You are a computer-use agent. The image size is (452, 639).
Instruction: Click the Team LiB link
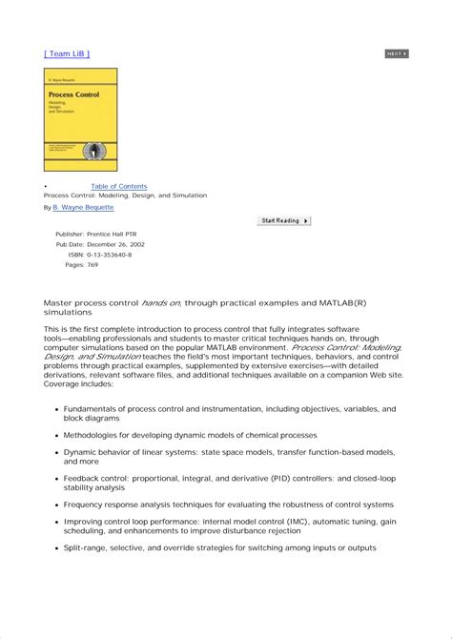(x=67, y=53)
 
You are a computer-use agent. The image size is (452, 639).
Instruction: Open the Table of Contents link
(x=119, y=186)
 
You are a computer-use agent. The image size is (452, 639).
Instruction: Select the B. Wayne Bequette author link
(x=83, y=207)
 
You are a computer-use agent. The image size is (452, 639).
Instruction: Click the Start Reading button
(x=284, y=221)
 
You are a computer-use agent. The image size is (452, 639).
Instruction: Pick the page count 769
(x=92, y=265)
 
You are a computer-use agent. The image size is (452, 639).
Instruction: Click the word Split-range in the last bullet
(x=86, y=548)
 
